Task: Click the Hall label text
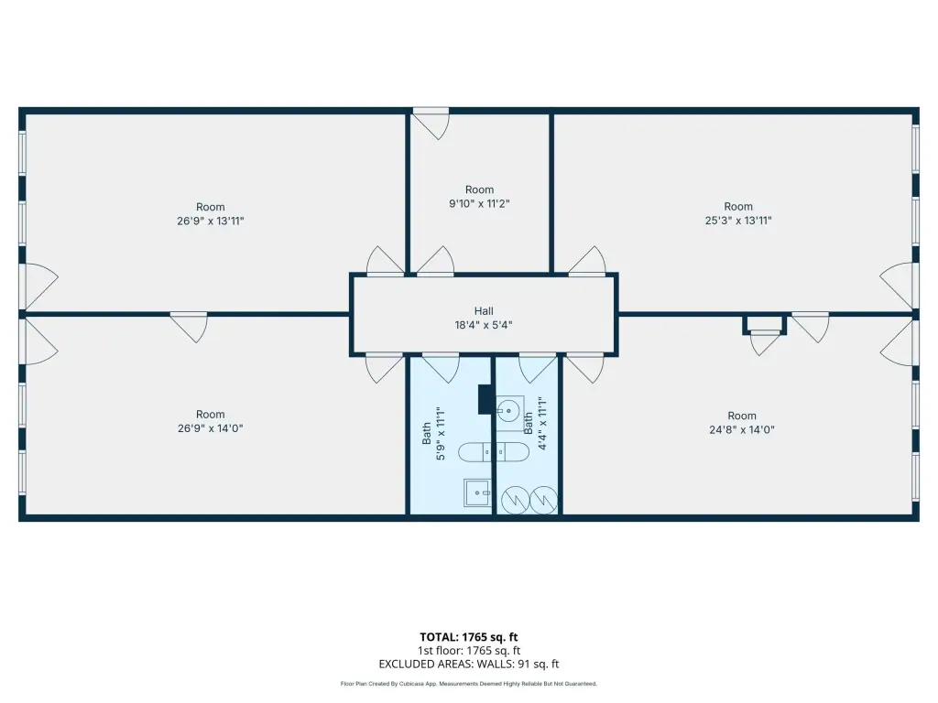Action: pyautogui.click(x=484, y=311)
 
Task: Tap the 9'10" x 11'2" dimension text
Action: pyautogui.click(x=479, y=204)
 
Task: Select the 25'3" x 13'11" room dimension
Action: pyautogui.click(x=738, y=221)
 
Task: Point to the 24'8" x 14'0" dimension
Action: pyautogui.click(x=742, y=430)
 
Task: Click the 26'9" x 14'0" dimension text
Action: pyautogui.click(x=210, y=428)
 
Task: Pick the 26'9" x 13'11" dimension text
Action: pyautogui.click(x=210, y=222)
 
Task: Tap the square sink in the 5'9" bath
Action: pyautogui.click(x=477, y=492)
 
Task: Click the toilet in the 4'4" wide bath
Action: pyautogui.click(x=513, y=452)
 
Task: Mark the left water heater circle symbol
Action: pyautogui.click(x=515, y=501)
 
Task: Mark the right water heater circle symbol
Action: pyautogui.click(x=543, y=501)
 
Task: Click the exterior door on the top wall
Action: pyautogui.click(x=431, y=124)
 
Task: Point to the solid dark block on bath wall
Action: pyautogui.click(x=485, y=399)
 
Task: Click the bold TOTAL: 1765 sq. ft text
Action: pyautogui.click(x=468, y=637)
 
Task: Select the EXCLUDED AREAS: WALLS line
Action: pyautogui.click(x=468, y=665)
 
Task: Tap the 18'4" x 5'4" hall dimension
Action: pyautogui.click(x=484, y=325)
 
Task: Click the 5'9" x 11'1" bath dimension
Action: pyautogui.click(x=441, y=433)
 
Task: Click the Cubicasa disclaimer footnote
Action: pyautogui.click(x=468, y=684)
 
